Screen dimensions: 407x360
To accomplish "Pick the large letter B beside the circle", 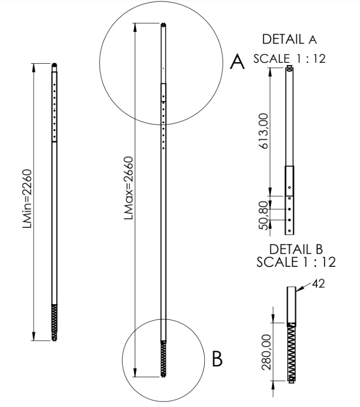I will click(x=217, y=358).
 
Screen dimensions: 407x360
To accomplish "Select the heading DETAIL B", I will click(x=296, y=249).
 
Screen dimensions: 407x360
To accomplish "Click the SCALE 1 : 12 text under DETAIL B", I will click(x=296, y=262).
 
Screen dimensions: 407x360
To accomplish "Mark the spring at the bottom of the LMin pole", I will click(x=55, y=322).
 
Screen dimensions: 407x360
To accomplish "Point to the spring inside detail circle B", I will click(x=163, y=358).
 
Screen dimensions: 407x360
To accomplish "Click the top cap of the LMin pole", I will click(x=55, y=64).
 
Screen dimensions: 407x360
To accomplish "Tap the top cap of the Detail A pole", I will click(x=290, y=67).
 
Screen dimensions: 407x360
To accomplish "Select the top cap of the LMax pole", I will click(x=163, y=24).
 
